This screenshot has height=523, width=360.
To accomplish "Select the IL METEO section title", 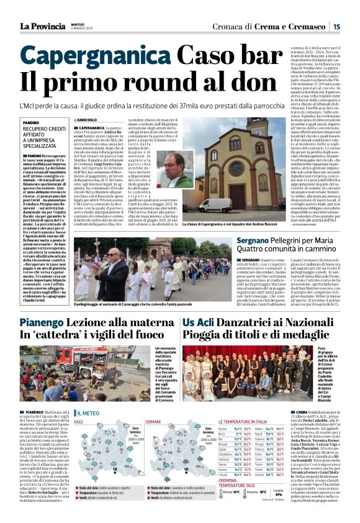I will coord(91,413).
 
